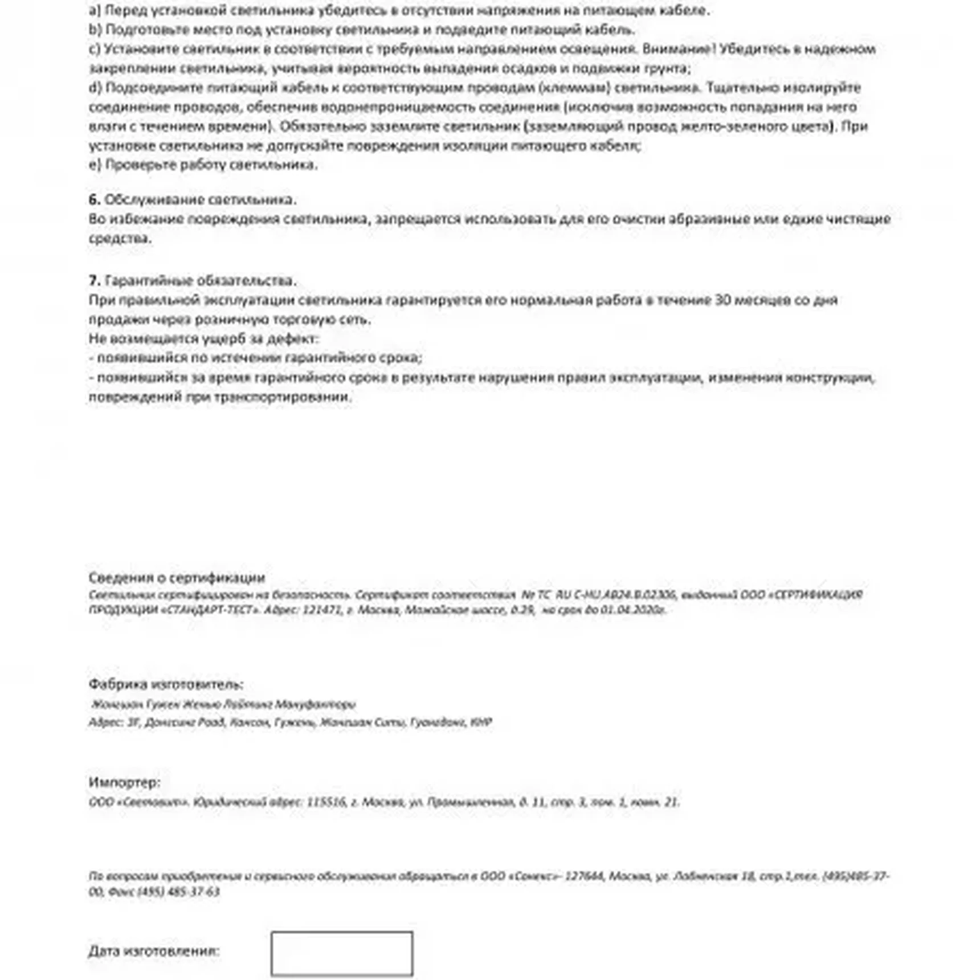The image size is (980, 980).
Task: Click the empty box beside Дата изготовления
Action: tap(341, 953)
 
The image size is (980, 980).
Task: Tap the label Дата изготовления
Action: tap(154, 951)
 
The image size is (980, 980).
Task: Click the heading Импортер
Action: tap(124, 782)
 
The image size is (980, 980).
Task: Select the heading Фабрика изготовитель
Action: tap(166, 684)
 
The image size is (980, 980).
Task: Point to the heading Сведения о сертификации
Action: tap(177, 578)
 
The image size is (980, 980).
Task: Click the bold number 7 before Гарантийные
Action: tap(94, 281)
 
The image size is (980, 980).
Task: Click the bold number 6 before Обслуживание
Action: tap(94, 199)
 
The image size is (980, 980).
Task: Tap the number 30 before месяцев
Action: tap(722, 300)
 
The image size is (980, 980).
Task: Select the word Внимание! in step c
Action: tap(679, 49)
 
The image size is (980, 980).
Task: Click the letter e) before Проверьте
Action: tap(95, 165)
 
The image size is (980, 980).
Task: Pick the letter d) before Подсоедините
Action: tap(95, 88)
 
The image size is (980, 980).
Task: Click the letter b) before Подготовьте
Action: tap(95, 30)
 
